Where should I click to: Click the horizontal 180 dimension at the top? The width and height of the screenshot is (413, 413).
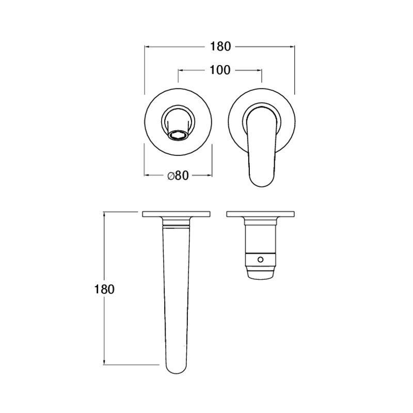[x=220, y=46]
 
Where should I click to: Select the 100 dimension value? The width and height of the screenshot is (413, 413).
[x=220, y=70]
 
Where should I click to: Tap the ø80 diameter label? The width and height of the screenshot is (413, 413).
[x=178, y=176]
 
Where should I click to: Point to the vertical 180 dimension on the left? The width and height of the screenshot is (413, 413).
[x=104, y=289]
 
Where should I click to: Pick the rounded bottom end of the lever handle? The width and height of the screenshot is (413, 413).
[x=261, y=179]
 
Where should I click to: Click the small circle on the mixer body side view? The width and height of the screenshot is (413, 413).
[x=261, y=260]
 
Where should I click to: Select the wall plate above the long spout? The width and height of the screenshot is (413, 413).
[x=176, y=214]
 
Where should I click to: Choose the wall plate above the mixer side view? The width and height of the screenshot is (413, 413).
[x=261, y=214]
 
